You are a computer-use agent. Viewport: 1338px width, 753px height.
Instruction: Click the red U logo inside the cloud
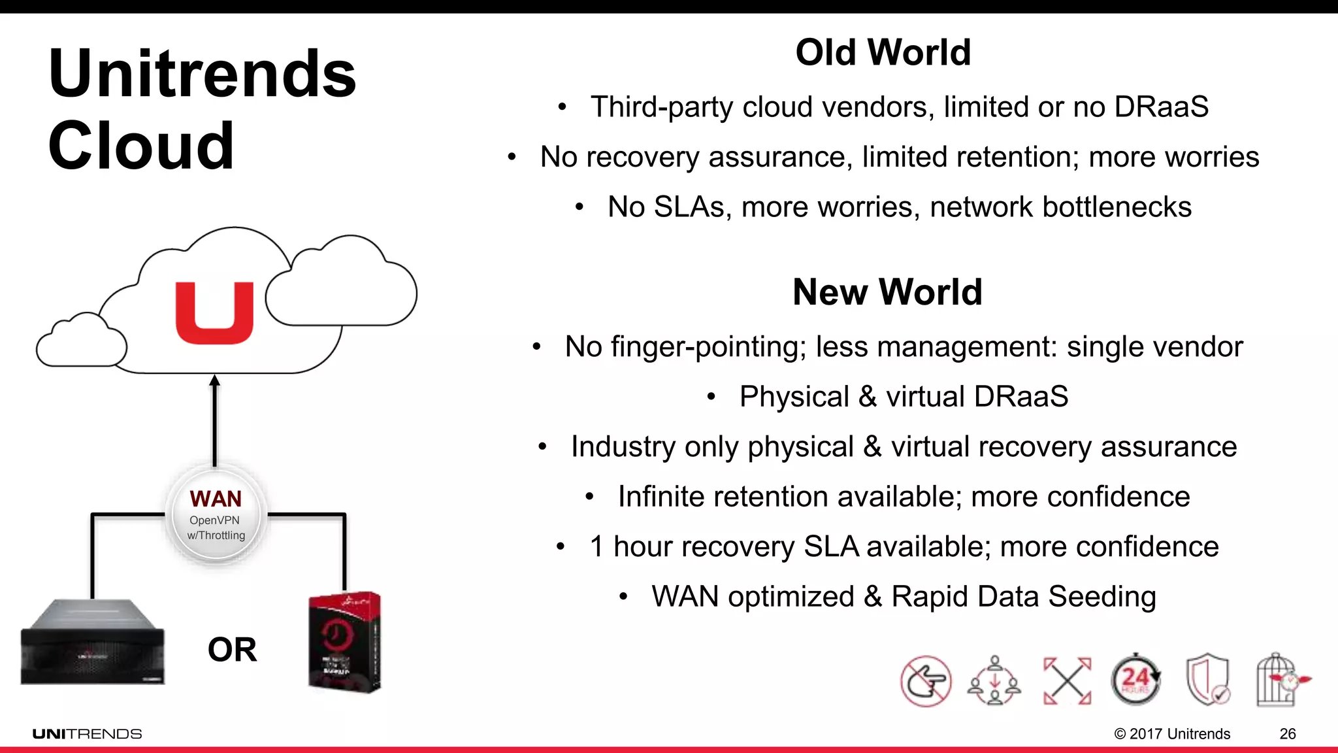[214, 313]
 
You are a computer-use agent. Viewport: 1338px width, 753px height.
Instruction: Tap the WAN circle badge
[216, 516]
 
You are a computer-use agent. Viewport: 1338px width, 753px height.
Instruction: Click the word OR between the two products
[232, 650]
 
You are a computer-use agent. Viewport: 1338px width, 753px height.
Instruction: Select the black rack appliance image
[92, 643]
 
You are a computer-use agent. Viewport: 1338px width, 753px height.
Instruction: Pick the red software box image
[344, 642]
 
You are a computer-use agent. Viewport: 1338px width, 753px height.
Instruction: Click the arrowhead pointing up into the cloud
[214, 381]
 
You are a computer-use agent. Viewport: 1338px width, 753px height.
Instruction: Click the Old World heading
[883, 52]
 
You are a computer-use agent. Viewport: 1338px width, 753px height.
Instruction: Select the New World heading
[887, 292]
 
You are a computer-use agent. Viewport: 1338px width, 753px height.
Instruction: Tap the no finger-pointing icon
[925, 681]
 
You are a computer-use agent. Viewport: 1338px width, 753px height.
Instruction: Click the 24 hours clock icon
[1135, 680]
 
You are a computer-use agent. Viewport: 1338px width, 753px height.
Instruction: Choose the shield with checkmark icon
[1208, 680]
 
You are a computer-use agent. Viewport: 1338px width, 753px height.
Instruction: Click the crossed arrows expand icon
[1067, 681]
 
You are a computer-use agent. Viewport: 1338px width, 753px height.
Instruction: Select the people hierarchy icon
[994, 681]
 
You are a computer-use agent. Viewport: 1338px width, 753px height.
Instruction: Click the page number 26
[1287, 734]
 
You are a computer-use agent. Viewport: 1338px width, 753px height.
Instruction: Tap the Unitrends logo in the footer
[87, 734]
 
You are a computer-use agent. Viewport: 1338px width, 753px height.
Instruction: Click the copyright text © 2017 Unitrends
[1172, 734]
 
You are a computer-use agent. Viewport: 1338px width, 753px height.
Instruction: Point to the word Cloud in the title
[140, 146]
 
